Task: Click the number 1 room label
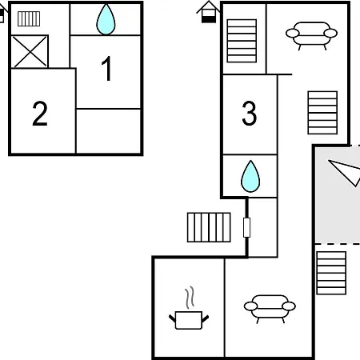coord(107,68)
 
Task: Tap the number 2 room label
coord(40,114)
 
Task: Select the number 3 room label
coord(250,114)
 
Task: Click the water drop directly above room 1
coord(106,19)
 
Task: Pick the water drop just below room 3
coord(250,176)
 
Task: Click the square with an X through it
coord(30,51)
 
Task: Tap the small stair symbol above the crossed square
coord(29,18)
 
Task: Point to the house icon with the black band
coord(208,12)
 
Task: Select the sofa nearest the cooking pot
coord(270,308)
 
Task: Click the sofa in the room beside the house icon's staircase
coord(311,35)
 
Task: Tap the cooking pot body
coord(189,320)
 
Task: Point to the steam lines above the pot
coord(190,298)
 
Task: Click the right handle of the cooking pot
coord(206,318)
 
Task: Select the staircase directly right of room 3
coord(322,113)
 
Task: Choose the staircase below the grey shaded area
coord(331,273)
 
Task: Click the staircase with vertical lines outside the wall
coord(209,227)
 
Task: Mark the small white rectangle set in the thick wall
coord(246,227)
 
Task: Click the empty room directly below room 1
coord(108,131)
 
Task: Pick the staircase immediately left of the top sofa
coord(242,41)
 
